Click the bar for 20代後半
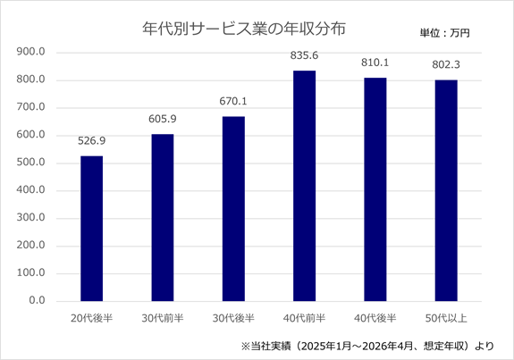click(92, 229)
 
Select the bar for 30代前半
click(163, 217)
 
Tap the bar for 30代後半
click(233, 209)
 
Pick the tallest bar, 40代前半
click(304, 186)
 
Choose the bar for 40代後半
click(375, 189)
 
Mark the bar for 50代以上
click(446, 190)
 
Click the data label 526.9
click(92, 141)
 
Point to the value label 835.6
click(304, 55)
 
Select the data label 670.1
click(233, 101)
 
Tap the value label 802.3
click(446, 64)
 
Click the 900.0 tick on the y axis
click(30, 52)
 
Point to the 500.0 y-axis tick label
click(30, 163)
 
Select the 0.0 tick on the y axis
click(37, 300)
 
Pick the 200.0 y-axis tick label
click(30, 246)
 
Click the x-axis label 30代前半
click(163, 318)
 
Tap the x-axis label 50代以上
click(446, 318)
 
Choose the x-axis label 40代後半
click(375, 318)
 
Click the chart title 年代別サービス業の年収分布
click(244, 29)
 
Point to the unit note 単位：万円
click(445, 33)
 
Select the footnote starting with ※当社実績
click(367, 346)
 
